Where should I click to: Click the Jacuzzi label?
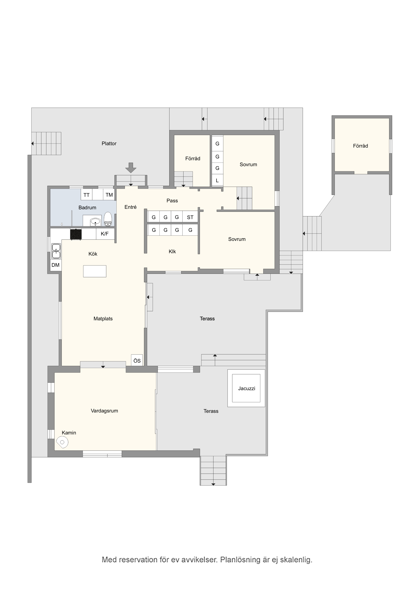(x=247, y=388)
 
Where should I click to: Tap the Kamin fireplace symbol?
(x=62, y=442)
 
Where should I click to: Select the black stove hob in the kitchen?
(x=76, y=234)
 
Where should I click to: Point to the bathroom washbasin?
(x=95, y=222)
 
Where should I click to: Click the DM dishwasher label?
(x=56, y=265)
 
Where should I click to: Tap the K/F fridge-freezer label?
(x=105, y=234)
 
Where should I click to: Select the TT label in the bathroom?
(x=87, y=195)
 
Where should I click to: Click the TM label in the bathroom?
(x=109, y=195)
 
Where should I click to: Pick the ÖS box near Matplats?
(x=137, y=360)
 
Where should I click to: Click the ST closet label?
(x=190, y=217)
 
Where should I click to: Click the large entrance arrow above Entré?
(x=131, y=168)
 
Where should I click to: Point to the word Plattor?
(x=109, y=144)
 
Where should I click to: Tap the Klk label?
(x=172, y=252)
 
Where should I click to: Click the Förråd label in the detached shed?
(x=360, y=146)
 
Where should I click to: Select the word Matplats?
(x=103, y=319)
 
